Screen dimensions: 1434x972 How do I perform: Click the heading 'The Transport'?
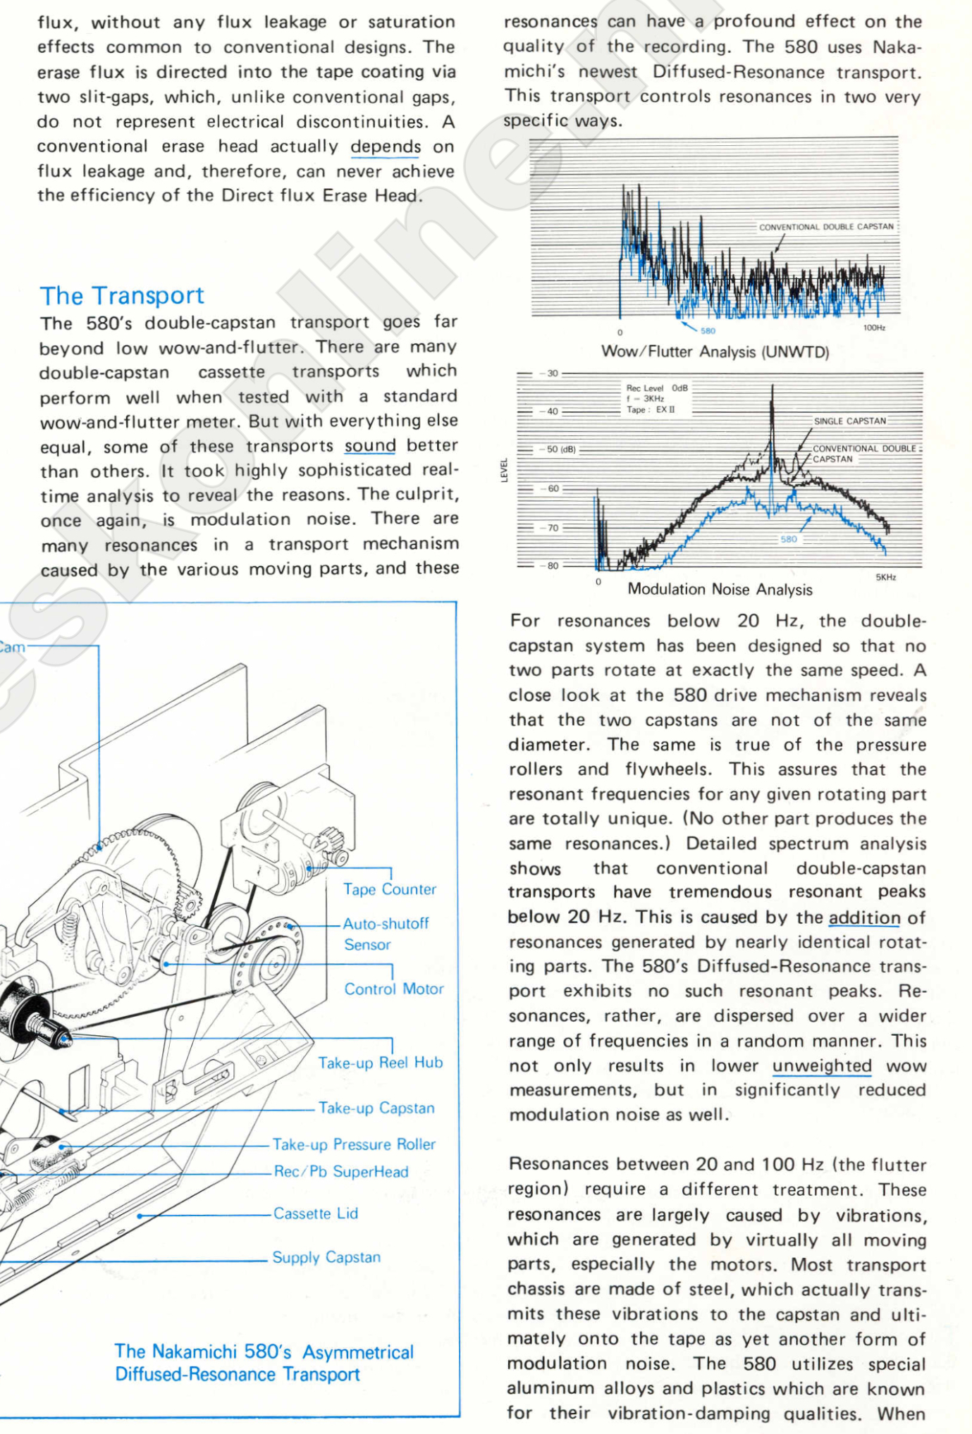(122, 296)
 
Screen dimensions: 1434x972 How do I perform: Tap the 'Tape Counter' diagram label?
(389, 889)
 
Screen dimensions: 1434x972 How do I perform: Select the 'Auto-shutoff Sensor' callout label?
(385, 934)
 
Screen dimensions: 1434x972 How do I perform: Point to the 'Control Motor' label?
(393, 989)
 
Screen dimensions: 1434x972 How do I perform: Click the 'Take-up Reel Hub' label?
(380, 1063)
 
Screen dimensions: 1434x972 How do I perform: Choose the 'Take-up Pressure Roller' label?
(354, 1144)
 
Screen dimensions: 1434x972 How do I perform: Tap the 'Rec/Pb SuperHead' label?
(341, 1172)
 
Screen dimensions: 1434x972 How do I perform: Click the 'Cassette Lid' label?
(316, 1213)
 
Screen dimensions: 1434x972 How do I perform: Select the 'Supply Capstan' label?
(326, 1257)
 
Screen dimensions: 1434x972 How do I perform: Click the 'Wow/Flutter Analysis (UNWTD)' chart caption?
(715, 352)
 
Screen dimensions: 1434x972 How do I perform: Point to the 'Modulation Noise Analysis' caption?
(720, 590)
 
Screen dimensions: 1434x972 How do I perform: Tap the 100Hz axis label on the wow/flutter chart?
(874, 328)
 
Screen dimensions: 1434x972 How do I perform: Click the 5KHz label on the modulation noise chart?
(885, 577)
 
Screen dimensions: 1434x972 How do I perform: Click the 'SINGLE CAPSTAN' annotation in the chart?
(849, 421)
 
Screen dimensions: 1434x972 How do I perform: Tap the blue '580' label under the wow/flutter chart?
(708, 330)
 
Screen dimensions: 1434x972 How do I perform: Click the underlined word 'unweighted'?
(822, 1066)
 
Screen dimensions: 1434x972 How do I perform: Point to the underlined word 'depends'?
(386, 147)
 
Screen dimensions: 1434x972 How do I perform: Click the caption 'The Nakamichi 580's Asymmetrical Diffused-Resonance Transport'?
(264, 1363)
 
